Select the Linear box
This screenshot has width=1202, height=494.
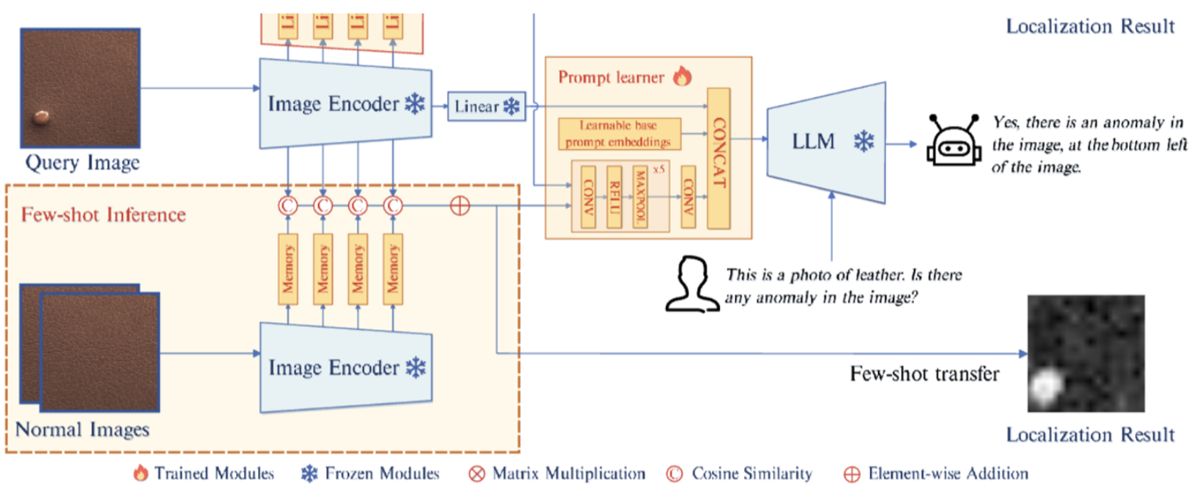pos(486,106)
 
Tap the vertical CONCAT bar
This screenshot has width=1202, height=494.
pos(719,158)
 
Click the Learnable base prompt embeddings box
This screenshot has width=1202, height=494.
pos(619,134)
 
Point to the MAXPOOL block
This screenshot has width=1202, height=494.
pos(640,197)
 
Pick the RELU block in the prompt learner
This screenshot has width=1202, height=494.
pos(614,197)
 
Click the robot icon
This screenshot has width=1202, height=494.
pos(954,141)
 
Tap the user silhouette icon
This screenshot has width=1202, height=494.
pos(690,284)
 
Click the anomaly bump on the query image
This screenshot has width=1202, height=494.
pos(42,116)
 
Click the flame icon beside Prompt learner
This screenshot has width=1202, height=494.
pos(682,76)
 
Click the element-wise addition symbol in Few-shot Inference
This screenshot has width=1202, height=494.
pos(460,206)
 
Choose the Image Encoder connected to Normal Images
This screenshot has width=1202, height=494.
pos(346,367)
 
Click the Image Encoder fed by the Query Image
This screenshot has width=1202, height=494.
pos(346,103)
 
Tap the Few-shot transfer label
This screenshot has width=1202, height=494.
pos(925,374)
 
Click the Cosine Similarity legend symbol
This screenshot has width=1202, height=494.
pos(675,473)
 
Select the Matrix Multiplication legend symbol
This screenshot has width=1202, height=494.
pos(476,473)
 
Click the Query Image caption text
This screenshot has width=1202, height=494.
pos(82,163)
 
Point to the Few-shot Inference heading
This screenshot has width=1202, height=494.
pos(103,214)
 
